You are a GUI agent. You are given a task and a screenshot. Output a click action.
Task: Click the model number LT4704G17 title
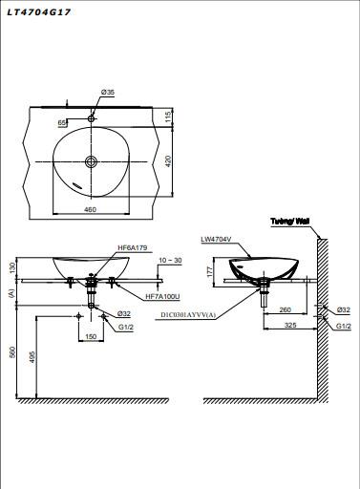(x=38, y=12)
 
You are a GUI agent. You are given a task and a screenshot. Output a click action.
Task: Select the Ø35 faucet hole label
(x=108, y=93)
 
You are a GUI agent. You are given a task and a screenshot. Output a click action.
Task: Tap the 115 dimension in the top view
(x=168, y=117)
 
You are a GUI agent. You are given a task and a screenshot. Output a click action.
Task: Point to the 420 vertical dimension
(x=168, y=160)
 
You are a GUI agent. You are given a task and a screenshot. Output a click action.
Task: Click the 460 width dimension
(x=90, y=209)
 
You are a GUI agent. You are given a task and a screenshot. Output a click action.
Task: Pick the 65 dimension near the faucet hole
(x=62, y=122)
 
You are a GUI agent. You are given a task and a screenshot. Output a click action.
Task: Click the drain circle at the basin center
(x=92, y=161)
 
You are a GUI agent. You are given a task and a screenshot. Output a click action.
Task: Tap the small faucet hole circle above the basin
(x=92, y=118)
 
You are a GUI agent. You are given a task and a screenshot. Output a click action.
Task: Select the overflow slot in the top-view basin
(x=77, y=185)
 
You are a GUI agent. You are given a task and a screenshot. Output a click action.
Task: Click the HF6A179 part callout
(x=133, y=247)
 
